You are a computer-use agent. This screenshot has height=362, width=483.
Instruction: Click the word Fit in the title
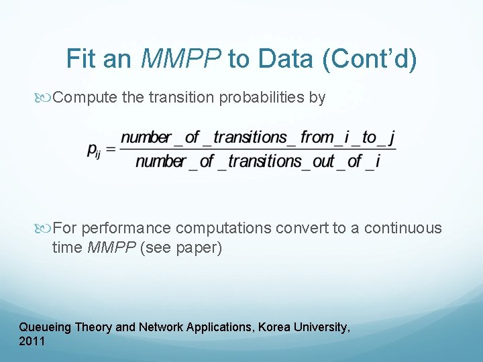tap(81, 59)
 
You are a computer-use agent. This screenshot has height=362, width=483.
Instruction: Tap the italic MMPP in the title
tap(182, 59)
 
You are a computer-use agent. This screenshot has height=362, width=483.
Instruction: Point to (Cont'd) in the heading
tap(370, 59)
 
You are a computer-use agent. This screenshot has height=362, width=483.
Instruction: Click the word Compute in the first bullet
tap(85, 98)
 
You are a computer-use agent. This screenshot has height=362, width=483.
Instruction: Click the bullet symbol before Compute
tap(45, 98)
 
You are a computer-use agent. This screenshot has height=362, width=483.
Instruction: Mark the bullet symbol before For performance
tap(45, 229)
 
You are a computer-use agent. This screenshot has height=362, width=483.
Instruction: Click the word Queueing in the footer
tap(46, 328)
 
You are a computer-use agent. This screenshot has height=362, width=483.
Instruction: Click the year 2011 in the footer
tap(32, 341)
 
